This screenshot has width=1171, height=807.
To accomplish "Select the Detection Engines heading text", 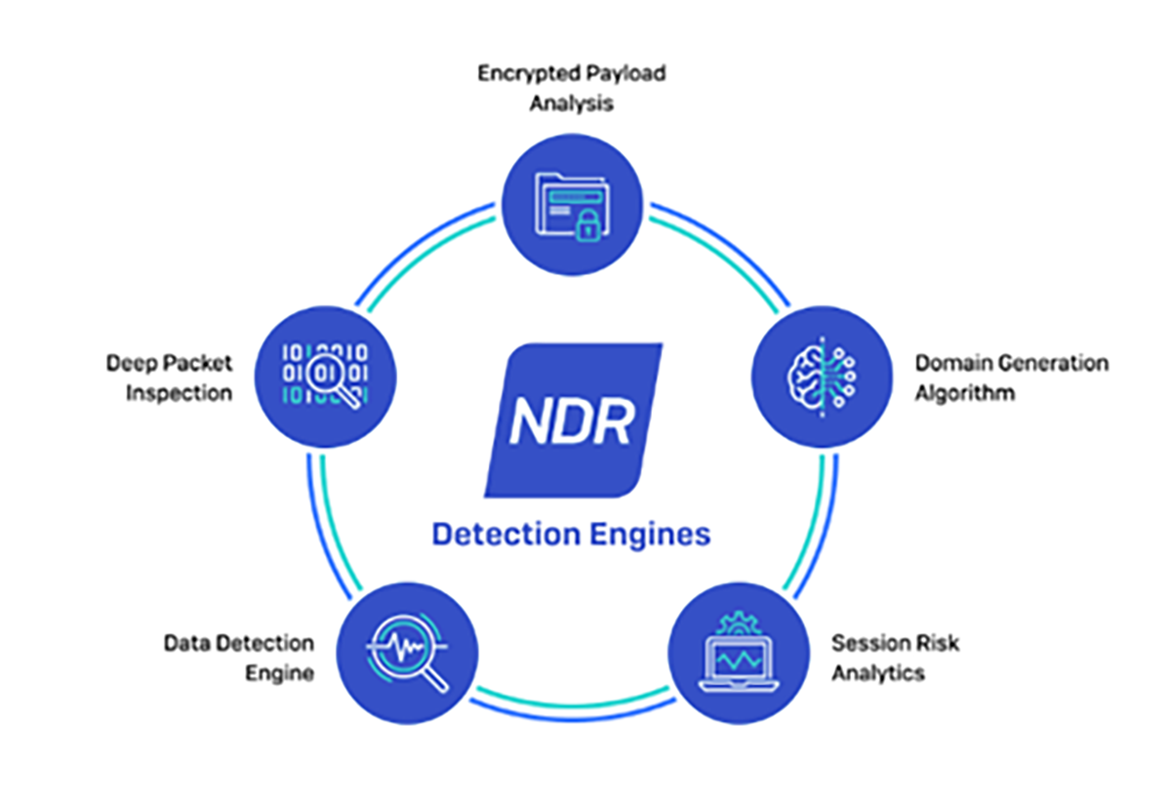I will point(571,535).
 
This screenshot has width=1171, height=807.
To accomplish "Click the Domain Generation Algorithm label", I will point(1011,378).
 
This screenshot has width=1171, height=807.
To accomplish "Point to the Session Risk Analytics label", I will point(895,658).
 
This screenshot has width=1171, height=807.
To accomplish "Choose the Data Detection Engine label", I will point(239,658).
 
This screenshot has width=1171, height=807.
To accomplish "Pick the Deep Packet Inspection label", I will point(170,378).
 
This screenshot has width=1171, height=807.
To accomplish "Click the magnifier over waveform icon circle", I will point(407,651).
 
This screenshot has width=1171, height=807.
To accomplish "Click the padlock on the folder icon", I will point(586,228).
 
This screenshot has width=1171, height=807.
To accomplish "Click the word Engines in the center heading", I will point(655,535).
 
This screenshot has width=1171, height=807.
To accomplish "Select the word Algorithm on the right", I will point(964,393).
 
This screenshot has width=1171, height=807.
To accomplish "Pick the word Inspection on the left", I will point(180,393).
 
